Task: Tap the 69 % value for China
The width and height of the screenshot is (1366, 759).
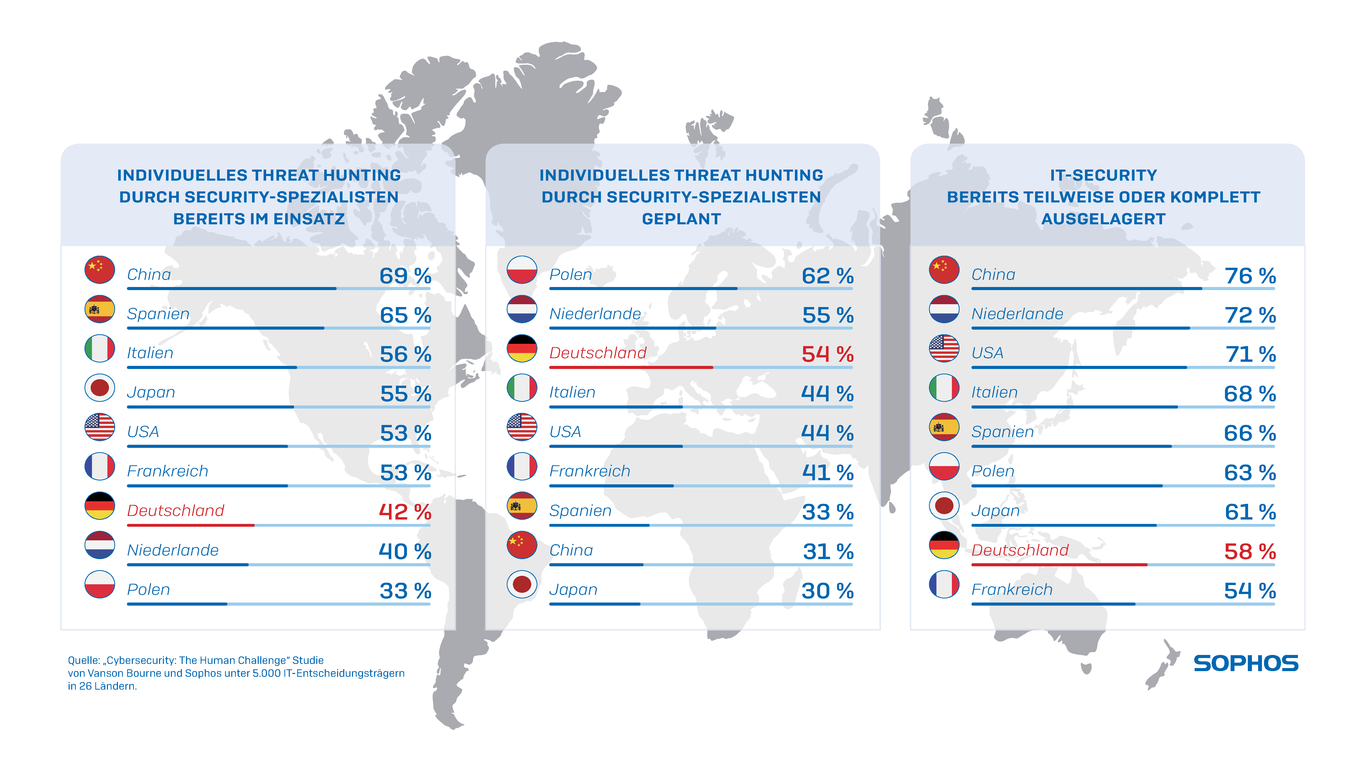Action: pos(405,276)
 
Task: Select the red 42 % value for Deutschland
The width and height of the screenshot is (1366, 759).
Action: pos(405,512)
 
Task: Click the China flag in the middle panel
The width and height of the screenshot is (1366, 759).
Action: pos(522,545)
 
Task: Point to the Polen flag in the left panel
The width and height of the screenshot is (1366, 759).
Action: pos(100,585)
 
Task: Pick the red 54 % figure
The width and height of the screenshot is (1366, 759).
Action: pos(827,354)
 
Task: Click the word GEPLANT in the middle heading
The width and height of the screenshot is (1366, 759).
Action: pos(681,219)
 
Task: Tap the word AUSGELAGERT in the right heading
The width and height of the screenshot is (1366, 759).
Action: pos(1103,219)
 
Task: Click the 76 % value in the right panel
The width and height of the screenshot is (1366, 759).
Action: pos(1250,276)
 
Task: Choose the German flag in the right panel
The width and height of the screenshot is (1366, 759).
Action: pos(944,545)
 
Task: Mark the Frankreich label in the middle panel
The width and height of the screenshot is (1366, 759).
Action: pos(590,471)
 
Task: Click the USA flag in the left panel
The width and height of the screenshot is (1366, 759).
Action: pos(100,427)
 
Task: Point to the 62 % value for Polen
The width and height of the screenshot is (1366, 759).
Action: pos(827,276)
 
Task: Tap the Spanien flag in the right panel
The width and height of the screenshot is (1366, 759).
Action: pos(944,427)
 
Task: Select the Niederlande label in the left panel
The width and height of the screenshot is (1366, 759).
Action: pos(173,550)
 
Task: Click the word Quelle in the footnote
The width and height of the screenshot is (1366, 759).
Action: pos(83,660)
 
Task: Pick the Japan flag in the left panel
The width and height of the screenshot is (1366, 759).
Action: pos(100,388)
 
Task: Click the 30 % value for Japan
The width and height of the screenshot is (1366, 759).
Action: pos(827,591)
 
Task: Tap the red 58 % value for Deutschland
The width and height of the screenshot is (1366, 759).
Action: pos(1250,552)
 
